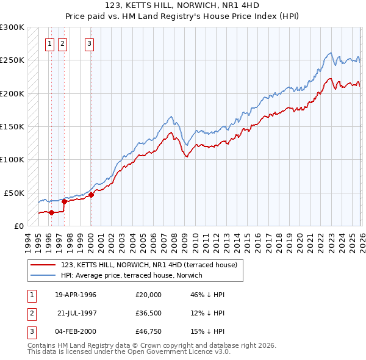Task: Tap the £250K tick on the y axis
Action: tap(12, 60)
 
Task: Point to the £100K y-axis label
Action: tap(12, 159)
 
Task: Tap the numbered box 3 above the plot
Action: tap(90, 43)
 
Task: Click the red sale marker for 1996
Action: tap(51, 212)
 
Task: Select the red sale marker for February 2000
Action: tap(91, 195)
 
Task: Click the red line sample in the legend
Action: tap(44, 264)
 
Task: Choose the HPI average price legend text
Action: tap(132, 275)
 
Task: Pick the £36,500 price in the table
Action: tap(149, 313)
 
